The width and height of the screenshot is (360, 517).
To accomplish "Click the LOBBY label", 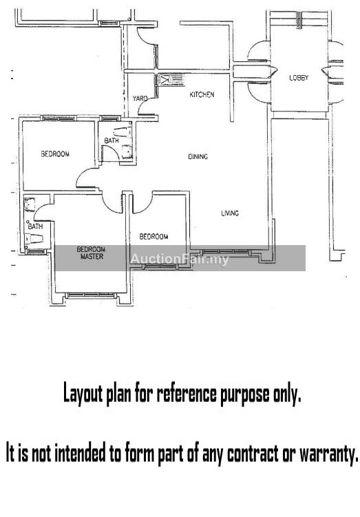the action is point(299,78).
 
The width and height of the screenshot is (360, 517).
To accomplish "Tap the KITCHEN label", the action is point(202,94).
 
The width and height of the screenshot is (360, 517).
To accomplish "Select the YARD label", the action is point(140,98).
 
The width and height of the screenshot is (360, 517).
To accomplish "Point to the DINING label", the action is point(198,157).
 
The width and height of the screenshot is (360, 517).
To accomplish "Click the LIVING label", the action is point(230,213).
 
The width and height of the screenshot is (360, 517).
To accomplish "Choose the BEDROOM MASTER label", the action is point(91,253).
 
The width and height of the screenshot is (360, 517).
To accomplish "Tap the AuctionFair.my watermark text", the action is point(180,259).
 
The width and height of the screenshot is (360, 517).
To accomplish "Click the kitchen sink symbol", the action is point(165,79).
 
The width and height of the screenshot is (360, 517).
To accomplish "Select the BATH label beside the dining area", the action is point(112,140).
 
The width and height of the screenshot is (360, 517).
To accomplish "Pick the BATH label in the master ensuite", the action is point(35,226).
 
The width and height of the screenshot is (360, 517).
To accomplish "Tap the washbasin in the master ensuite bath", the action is point(30,204).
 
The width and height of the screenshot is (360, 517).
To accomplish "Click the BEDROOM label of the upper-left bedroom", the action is point(55,154).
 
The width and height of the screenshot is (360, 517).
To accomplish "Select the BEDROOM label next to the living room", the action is point(153,236).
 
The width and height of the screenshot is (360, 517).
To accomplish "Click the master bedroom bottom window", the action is point(91,295).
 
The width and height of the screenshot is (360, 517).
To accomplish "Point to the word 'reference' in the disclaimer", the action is point(187,394).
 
